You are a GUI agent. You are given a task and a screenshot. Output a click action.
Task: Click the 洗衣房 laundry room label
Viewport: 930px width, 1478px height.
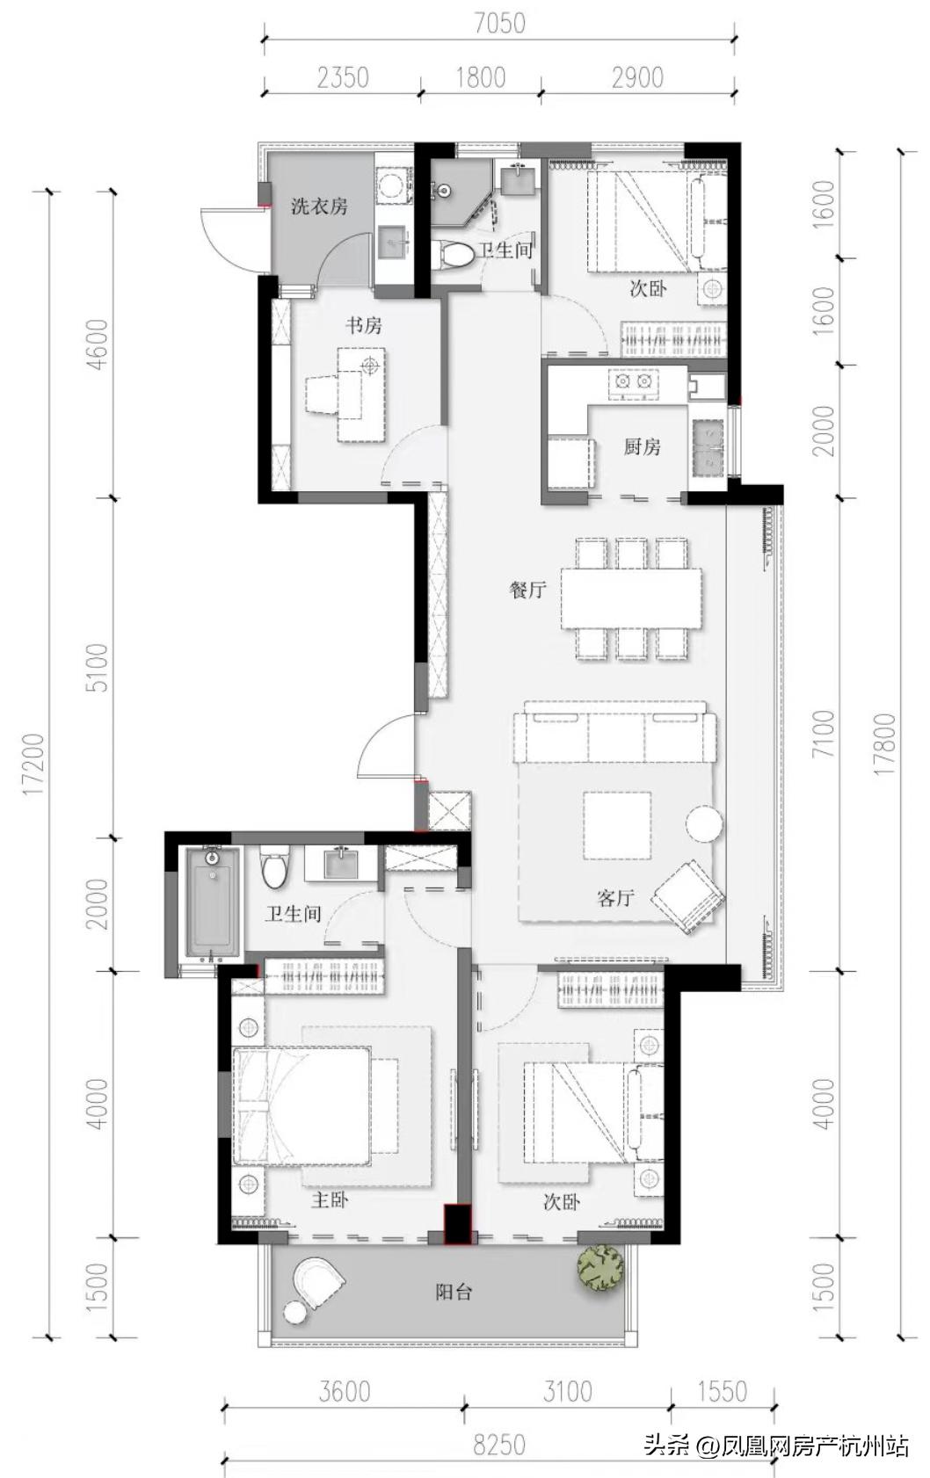point(319,206)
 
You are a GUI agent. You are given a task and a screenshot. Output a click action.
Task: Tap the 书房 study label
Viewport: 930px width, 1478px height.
point(364,324)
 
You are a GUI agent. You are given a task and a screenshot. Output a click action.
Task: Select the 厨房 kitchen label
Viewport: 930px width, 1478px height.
point(642,446)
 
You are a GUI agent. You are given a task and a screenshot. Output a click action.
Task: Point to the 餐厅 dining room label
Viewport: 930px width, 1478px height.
point(528,590)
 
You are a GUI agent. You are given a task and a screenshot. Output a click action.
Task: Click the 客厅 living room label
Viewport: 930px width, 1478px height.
point(616,897)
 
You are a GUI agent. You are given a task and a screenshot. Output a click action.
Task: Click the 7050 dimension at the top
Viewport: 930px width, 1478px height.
point(499,24)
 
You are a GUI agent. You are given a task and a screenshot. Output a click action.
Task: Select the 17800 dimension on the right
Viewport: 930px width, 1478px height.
point(886,744)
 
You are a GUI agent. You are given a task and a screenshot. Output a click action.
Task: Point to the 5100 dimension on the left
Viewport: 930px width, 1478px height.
point(98,667)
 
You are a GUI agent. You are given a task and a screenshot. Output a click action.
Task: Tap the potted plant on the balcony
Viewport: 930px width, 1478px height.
point(600,1267)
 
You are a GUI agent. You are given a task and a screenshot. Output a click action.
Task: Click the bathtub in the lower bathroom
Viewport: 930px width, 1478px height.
point(212,902)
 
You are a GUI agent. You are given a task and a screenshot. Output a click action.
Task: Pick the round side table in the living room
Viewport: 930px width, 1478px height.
point(704,822)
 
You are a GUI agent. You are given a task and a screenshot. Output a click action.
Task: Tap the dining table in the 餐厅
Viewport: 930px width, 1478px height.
point(632,598)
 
